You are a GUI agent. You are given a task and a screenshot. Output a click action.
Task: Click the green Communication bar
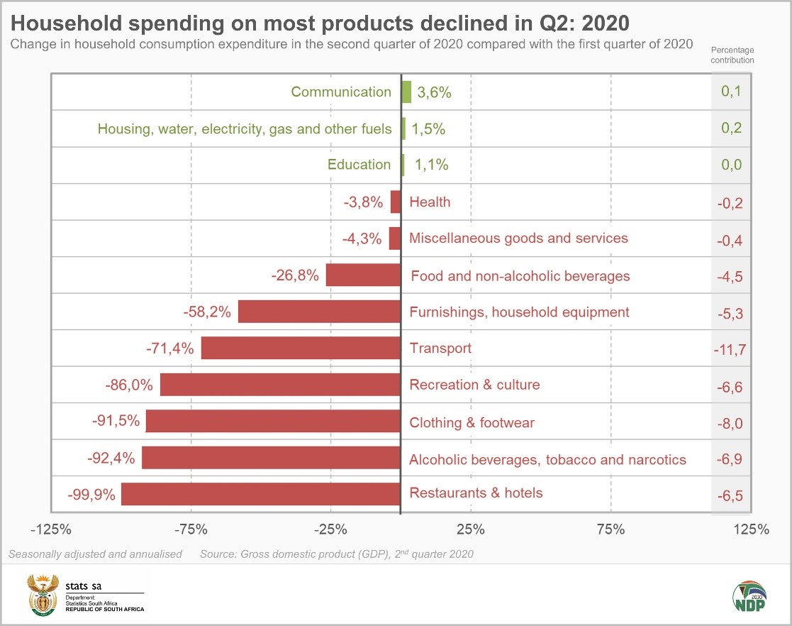pos(406,92)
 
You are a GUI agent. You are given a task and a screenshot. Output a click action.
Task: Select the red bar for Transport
pos(301,348)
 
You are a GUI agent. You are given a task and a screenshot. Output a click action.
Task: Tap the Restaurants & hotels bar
pos(261,494)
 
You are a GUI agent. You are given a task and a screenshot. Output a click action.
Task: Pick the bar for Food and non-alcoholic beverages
pos(363,275)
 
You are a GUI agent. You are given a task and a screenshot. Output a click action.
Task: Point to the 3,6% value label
pos(434,92)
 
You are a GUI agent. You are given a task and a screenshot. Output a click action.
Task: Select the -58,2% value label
pos(207,312)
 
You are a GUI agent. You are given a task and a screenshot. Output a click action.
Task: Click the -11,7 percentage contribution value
pos(732,348)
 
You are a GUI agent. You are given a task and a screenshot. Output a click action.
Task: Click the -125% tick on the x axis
pos(51,529)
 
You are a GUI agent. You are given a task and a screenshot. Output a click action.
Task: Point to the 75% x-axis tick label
pos(610,529)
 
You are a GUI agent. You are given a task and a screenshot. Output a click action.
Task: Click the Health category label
pos(430,202)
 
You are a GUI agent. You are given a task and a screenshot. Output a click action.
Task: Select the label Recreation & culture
pos(474,385)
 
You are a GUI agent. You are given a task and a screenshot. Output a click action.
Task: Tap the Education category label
pos(359,165)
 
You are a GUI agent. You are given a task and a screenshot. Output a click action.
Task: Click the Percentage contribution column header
pos(732,55)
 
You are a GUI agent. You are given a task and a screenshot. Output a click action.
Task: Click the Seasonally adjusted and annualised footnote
pos(96,554)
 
